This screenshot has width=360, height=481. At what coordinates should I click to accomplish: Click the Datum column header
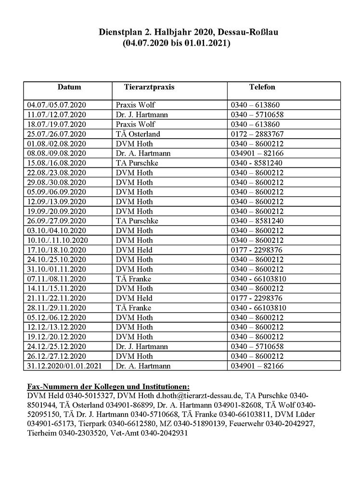tap(69, 88)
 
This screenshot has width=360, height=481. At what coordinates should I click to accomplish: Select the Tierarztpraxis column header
tap(143, 88)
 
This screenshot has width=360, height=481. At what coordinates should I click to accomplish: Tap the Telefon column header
tap(262, 88)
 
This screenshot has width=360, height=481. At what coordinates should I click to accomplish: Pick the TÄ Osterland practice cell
tap(138, 134)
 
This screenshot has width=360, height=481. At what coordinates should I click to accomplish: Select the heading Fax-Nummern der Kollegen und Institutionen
tap(108, 386)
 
